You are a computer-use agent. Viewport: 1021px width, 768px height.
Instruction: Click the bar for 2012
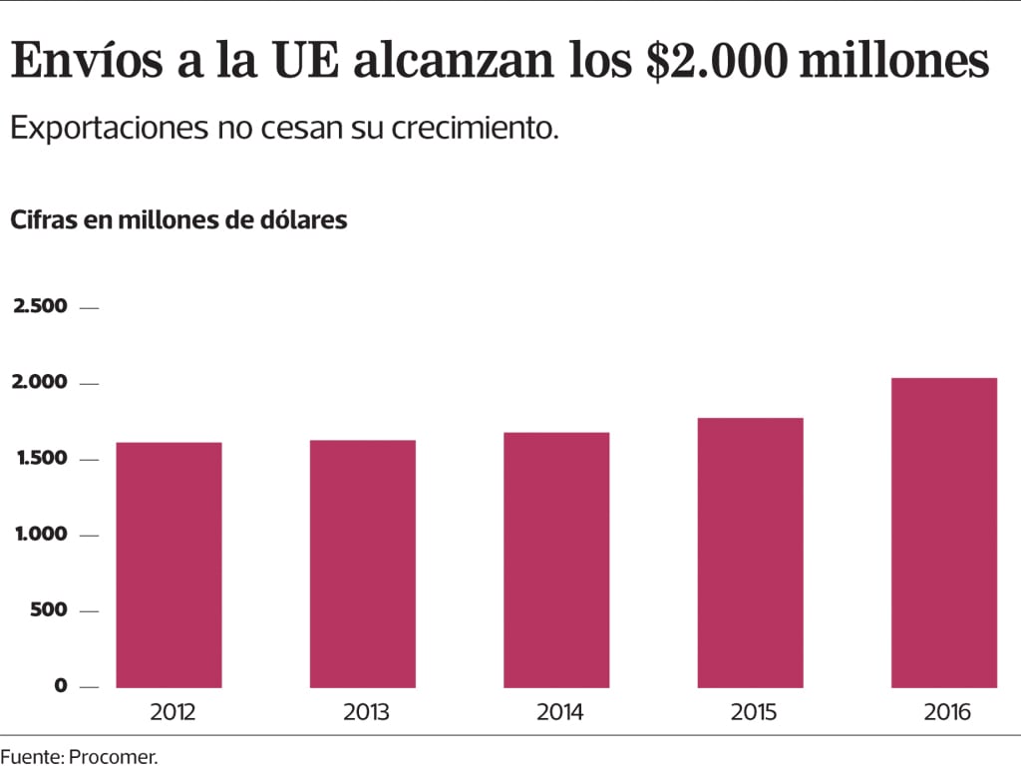click(169, 565)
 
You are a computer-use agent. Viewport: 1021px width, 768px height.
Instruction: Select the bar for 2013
click(362, 564)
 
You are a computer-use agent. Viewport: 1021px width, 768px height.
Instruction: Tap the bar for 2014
click(556, 560)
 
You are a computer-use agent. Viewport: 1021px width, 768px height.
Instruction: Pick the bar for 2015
click(750, 553)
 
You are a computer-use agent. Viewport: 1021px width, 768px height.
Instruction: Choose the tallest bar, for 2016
click(944, 533)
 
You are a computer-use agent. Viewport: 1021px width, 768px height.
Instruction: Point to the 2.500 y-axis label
click(40, 306)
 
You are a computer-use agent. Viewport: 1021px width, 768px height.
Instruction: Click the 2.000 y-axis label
click(40, 382)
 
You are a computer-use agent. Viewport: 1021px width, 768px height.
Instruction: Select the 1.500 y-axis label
click(40, 458)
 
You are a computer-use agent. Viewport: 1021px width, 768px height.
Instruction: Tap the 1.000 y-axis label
click(40, 534)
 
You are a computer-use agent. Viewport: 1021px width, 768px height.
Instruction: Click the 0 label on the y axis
click(61, 685)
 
